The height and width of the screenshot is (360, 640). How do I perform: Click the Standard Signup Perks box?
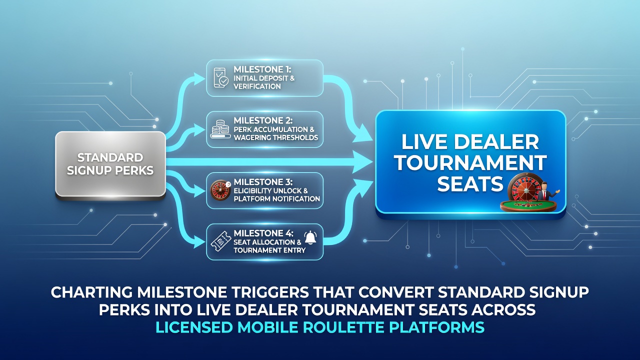(x=110, y=164)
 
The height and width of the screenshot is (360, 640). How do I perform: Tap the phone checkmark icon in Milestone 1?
(x=221, y=77)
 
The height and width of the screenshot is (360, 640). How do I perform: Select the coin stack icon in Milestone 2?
(x=220, y=129)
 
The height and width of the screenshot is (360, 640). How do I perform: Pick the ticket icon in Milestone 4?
(x=220, y=241)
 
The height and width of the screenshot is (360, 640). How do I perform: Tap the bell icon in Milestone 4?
(x=310, y=237)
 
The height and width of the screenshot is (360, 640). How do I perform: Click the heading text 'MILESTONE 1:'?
(x=262, y=69)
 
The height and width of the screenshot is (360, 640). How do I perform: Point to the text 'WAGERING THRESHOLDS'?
(x=275, y=137)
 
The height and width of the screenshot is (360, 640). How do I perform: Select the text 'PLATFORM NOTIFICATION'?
(x=276, y=199)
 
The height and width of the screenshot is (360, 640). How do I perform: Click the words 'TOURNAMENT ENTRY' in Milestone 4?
(x=269, y=250)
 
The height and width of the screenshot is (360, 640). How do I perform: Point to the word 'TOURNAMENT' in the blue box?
(x=470, y=162)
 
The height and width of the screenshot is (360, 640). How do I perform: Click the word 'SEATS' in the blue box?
(x=470, y=183)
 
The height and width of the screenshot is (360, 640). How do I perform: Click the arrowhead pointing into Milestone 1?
(x=198, y=78)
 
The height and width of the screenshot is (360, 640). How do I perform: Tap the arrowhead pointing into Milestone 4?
(x=198, y=241)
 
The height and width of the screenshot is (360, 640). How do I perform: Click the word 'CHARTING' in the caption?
(x=91, y=292)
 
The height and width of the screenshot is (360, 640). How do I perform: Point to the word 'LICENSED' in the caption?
(x=194, y=327)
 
